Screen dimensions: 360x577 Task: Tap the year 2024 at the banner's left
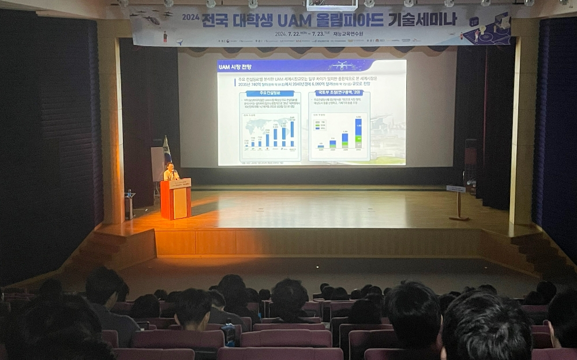[x=190, y=17]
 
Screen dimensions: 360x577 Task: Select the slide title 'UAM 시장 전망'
[x=238, y=67]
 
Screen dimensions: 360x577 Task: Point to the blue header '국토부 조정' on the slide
[x=339, y=93]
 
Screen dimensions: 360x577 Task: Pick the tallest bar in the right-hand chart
[x=358, y=133]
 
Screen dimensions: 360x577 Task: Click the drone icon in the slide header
[x=342, y=65]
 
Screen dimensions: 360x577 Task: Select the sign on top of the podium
[x=180, y=183]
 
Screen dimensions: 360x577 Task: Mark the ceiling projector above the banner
[x=331, y=5]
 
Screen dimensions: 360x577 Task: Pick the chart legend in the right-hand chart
[x=320, y=125]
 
